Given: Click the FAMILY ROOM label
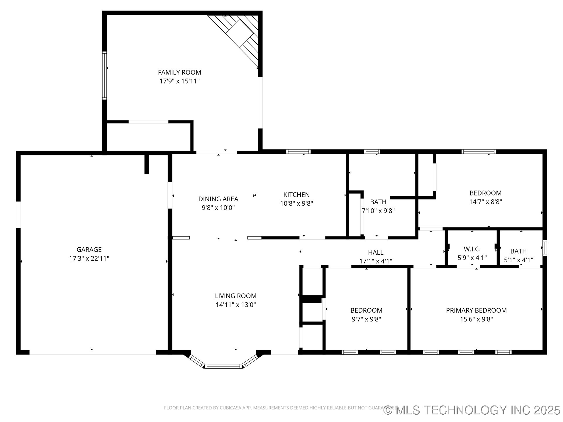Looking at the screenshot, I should [x=179, y=72].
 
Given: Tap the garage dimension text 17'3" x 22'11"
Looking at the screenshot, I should [x=89, y=258].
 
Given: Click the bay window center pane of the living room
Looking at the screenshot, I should [x=223, y=366].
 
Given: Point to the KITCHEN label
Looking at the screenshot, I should [x=296, y=195].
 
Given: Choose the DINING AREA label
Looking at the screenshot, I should [x=218, y=199].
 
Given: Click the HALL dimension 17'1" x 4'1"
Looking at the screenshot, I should [x=376, y=261].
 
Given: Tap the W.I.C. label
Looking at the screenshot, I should [x=472, y=249].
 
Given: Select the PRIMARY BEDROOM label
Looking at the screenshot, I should [x=476, y=310].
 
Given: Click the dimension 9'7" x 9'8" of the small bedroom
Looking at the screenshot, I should [x=366, y=319].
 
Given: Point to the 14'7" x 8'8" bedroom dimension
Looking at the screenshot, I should [x=486, y=202].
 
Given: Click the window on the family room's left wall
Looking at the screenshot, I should [x=104, y=75].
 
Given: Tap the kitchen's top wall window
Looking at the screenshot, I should [x=298, y=152].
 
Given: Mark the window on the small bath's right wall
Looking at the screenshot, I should [x=545, y=248].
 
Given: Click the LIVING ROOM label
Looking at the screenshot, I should [x=236, y=296].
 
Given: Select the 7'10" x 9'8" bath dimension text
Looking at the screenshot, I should [x=378, y=211].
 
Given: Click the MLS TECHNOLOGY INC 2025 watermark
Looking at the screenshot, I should [x=472, y=410].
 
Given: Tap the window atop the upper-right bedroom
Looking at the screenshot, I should [x=479, y=152].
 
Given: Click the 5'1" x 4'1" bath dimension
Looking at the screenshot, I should [x=518, y=260].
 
